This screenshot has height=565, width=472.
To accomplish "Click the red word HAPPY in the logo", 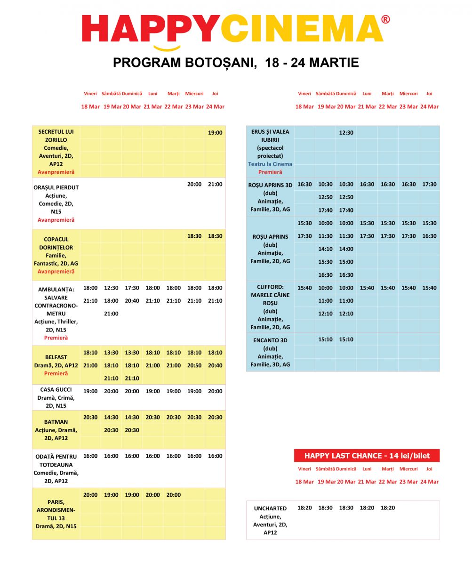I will (151, 29).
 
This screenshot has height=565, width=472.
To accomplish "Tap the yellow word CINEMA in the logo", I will (301, 29).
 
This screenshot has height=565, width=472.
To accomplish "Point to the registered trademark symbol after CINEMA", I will (385, 20).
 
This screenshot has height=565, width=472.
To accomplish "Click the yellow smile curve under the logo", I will (167, 48).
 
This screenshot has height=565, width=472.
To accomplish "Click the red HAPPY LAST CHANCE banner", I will (367, 455).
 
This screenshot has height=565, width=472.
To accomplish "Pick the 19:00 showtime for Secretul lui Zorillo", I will (215, 133).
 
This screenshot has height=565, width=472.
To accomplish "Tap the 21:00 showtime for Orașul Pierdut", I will (215, 185).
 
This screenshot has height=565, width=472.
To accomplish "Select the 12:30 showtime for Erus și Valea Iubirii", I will (346, 133).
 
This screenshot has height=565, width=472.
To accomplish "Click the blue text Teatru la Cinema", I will (270, 164).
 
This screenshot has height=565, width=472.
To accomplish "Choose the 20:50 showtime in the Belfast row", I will (194, 365).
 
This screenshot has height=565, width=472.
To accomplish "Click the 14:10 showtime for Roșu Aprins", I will (325, 249).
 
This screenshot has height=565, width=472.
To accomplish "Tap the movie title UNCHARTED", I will (270, 508).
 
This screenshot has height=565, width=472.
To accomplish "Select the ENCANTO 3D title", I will (270, 340).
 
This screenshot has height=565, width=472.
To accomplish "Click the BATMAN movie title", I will (56, 422).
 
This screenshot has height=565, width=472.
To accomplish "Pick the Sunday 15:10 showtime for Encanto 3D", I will (346, 339).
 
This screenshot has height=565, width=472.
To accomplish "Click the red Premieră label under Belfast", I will (56, 373).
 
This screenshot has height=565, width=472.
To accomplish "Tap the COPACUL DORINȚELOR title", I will (56, 243).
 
